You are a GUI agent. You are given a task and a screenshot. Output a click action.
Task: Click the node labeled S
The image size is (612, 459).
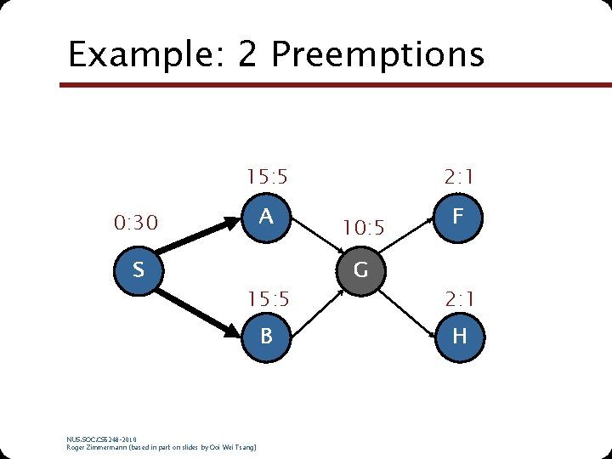click(138, 270)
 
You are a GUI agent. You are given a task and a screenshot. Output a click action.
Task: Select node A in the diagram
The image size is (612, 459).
click(266, 217)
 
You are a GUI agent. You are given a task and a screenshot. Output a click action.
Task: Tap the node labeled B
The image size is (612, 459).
click(266, 336)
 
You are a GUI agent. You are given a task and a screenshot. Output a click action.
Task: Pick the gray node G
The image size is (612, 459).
click(360, 270)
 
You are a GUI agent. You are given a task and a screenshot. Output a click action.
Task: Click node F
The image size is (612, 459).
click(459, 217)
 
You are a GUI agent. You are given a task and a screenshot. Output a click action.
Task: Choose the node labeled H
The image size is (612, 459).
click(459, 336)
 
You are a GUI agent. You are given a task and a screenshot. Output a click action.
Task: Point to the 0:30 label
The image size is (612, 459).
click(136, 224)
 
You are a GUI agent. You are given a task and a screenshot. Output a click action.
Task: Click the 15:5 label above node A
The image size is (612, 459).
click(267, 178)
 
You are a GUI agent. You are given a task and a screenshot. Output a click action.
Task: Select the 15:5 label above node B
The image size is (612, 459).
click(267, 299)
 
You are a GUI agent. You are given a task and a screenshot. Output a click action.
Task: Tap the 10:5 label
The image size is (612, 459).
click(364, 229)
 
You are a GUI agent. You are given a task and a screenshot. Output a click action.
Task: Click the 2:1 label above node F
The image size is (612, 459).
click(459, 178)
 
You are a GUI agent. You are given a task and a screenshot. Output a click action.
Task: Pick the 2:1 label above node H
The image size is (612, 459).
click(459, 299)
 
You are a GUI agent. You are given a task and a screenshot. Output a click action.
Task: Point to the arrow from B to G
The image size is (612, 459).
click(314, 301)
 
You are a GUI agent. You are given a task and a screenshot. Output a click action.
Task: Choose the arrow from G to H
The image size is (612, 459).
click(408, 303)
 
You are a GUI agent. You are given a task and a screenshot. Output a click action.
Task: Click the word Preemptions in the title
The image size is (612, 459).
click(377, 54)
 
